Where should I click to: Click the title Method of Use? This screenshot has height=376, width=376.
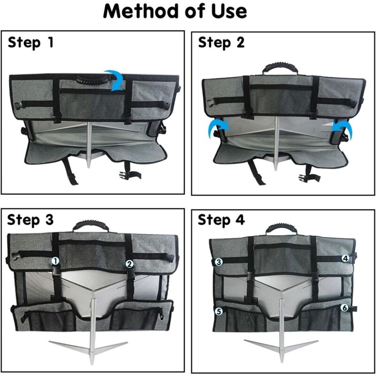[x=175, y=11]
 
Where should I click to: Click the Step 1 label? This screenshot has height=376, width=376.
[x=31, y=43]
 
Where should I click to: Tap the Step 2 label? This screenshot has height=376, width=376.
[x=221, y=43]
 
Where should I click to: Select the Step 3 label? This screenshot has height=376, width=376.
[x=31, y=219]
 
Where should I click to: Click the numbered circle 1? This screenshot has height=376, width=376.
[x=55, y=260]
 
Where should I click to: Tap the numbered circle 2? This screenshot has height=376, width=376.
[x=130, y=264]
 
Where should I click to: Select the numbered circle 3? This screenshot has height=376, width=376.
[x=219, y=262]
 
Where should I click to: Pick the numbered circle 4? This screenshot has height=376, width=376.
[x=345, y=258]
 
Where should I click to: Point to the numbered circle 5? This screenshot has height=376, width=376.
[x=219, y=311]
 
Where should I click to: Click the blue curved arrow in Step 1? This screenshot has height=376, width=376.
[x=114, y=78]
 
